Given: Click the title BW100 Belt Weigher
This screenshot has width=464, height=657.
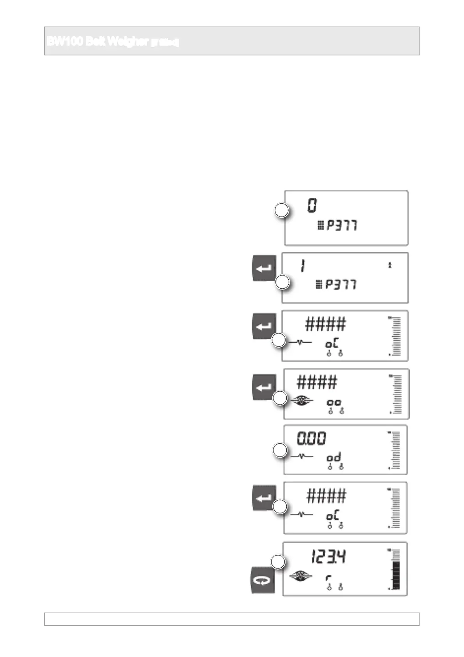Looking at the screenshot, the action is (113, 41).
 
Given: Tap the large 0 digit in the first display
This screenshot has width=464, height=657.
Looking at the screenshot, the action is (312, 205).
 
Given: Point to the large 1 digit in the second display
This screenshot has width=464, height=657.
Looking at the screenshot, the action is (303, 266).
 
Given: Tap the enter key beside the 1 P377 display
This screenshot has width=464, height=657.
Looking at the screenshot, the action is (264, 268).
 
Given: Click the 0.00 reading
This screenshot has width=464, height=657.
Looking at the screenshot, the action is (312, 439).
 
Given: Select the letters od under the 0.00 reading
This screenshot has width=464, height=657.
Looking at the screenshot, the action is (334, 457).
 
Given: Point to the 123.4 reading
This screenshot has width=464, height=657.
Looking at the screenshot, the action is (328, 557).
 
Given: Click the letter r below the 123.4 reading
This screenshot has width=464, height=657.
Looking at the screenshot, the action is (328, 578).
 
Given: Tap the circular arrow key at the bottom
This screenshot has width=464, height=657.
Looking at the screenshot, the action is (262, 581).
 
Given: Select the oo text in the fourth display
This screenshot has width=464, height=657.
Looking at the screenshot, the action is (334, 402).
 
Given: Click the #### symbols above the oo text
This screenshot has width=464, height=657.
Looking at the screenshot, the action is (317, 382).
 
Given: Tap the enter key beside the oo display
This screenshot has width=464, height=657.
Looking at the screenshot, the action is (264, 387).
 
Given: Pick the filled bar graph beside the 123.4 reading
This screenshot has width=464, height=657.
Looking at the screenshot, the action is (396, 575).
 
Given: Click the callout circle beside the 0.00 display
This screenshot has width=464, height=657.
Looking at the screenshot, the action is (280, 450).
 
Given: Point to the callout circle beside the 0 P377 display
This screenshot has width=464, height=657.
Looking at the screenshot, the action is (282, 210).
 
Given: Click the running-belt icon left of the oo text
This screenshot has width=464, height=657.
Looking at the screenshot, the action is (302, 400).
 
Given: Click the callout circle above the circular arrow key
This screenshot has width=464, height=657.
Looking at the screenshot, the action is (278, 562).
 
